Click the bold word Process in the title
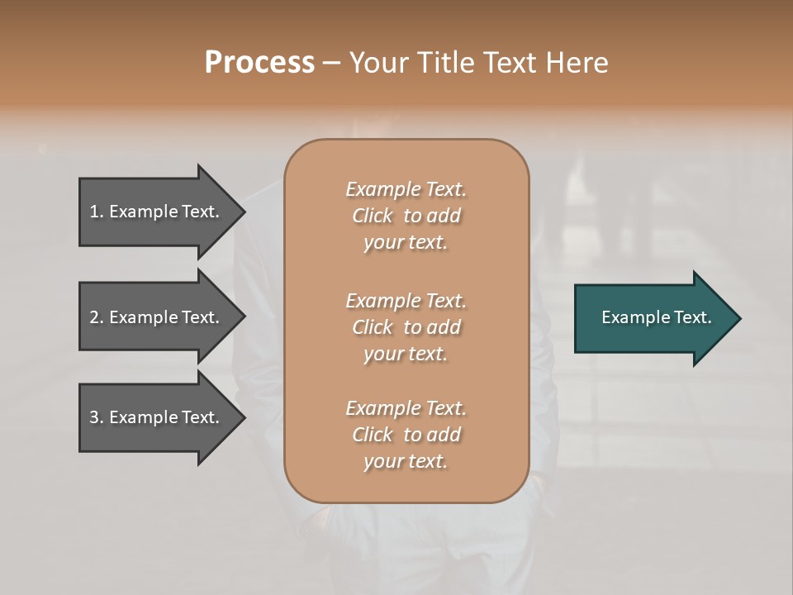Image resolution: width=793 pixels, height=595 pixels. point(259,62)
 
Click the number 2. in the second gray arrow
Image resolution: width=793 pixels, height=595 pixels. point(97,317)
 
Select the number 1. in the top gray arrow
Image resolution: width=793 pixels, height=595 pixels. point(97,212)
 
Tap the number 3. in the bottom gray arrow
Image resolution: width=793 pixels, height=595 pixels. point(97,417)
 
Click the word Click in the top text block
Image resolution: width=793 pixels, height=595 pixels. point(373,217)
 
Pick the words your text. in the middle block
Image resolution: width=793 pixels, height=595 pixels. point(406,354)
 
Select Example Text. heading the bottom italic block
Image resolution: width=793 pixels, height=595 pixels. point(406,408)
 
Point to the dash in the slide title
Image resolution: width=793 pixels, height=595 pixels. point(332,63)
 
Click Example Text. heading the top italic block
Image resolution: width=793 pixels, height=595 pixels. point(406,189)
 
